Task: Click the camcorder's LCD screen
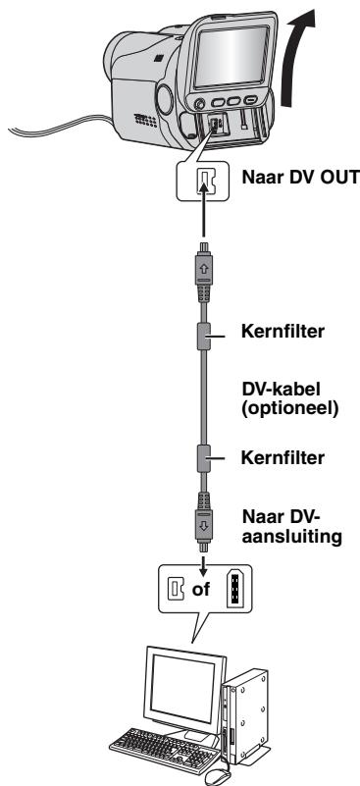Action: click(231, 55)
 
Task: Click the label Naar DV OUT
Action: click(300, 177)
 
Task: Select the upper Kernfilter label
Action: click(283, 332)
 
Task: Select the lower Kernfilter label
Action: click(283, 457)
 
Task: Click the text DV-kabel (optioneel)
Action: click(290, 397)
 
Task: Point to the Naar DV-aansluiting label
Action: click(291, 526)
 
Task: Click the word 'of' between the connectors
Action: click(201, 589)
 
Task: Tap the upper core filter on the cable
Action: click(204, 337)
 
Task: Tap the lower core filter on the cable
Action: click(204, 458)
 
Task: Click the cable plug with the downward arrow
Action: click(204, 521)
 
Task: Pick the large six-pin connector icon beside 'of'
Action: click(233, 590)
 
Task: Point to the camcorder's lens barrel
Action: click(131, 56)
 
